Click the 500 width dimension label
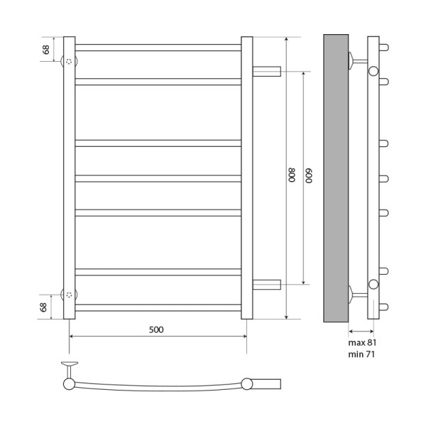point(156,329)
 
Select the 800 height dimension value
point(291,176)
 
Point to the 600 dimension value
point(309,176)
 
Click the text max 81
point(362,342)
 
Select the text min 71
point(362,354)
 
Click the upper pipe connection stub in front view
point(267,71)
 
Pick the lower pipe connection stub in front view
point(267,285)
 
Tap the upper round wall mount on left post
point(70,61)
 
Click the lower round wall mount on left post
point(70,294)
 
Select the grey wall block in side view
point(336,177)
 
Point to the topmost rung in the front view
point(158,48)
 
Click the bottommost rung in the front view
point(158,307)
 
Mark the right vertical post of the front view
point(246,177)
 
